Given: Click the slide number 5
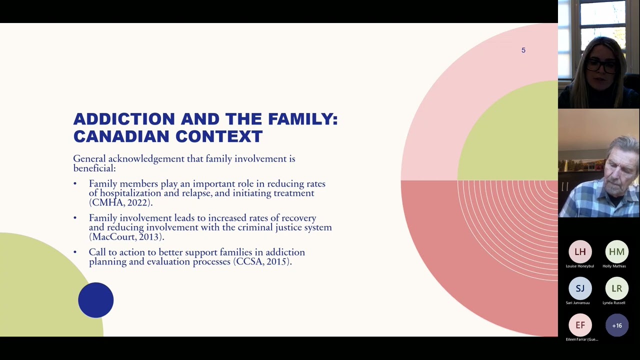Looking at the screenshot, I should pos(523,50).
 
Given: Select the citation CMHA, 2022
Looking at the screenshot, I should pos(120,202).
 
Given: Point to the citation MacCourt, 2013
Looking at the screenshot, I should pos(126,237).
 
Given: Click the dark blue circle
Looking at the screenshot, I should pos(95,300).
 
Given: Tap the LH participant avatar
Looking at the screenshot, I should pos(580,252).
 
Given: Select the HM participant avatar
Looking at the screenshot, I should pos(616,252).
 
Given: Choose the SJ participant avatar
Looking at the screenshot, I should pos(580,288).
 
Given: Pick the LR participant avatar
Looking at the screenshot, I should pos(616,288).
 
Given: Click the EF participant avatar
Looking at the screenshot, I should pos(580,325).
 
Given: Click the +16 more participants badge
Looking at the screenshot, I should pos(616,325).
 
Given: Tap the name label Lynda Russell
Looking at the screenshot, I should pos(613,302).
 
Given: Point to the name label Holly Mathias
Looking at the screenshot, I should pos(614,266).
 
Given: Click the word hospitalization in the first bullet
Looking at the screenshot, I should pos(130,193).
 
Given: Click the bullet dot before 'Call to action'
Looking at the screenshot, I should pos(75,252).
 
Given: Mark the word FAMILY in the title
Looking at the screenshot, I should pos(302,119).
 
